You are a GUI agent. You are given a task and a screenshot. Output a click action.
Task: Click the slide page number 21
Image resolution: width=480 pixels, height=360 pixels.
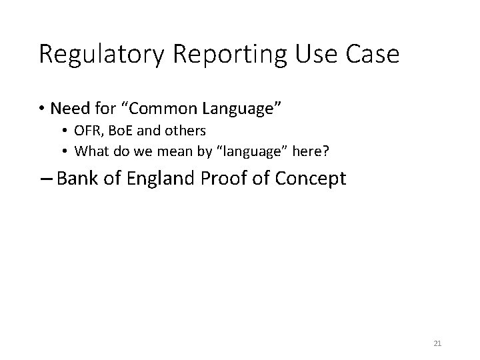click(437, 343)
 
